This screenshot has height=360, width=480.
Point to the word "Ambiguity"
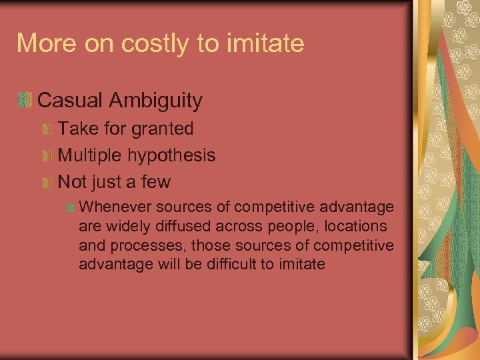(158, 101)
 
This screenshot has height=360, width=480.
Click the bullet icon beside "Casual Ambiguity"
(25, 101)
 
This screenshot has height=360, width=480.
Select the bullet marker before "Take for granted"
(47, 129)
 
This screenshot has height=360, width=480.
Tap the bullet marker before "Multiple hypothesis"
(47, 155)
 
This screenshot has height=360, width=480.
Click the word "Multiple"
(93, 155)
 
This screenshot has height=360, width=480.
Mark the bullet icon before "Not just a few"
(47, 182)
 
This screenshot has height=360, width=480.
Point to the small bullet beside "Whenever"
(70, 208)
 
